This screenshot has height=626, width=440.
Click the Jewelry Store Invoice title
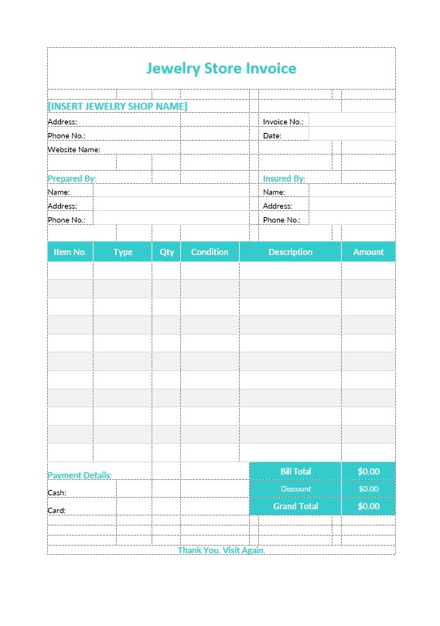(221, 68)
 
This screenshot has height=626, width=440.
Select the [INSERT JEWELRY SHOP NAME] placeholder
(118, 106)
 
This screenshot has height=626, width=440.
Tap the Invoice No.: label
(283, 122)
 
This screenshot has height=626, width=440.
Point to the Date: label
(272, 136)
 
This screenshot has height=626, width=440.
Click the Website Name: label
(74, 149)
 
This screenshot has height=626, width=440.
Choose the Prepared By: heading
(72, 179)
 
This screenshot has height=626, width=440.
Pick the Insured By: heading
(284, 179)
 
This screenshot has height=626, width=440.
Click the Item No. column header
(70, 252)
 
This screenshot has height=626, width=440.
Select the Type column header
(123, 252)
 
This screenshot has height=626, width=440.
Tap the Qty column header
(167, 252)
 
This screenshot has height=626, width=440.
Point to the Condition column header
(210, 252)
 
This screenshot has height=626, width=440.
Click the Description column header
(291, 252)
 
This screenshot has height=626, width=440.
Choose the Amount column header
(369, 252)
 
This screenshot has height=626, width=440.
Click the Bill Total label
(295, 471)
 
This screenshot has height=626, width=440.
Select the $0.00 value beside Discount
(369, 489)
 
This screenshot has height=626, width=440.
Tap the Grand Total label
(295, 507)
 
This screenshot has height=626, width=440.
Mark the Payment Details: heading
(80, 475)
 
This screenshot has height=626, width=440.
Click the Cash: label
(57, 493)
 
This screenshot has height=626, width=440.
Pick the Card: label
(57, 511)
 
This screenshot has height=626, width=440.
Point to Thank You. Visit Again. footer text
(221, 550)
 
